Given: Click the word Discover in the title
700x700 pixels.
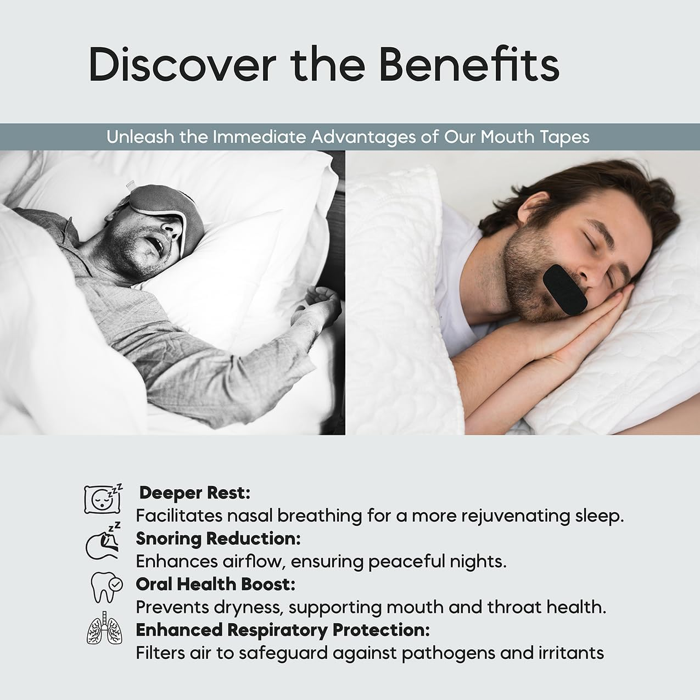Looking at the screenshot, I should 181,65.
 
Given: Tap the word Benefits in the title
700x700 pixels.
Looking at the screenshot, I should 468,65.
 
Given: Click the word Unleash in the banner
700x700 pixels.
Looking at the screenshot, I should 141,137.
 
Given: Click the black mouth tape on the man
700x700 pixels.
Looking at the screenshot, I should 565,289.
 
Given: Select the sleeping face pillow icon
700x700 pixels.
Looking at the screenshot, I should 102,499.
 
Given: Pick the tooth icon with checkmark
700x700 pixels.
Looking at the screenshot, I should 106,587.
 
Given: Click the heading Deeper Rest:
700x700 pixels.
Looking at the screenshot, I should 195,492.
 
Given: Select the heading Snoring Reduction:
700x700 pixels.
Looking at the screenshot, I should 218,539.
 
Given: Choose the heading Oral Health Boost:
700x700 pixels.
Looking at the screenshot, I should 215,584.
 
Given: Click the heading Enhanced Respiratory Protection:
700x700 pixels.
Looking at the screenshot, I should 283,630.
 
